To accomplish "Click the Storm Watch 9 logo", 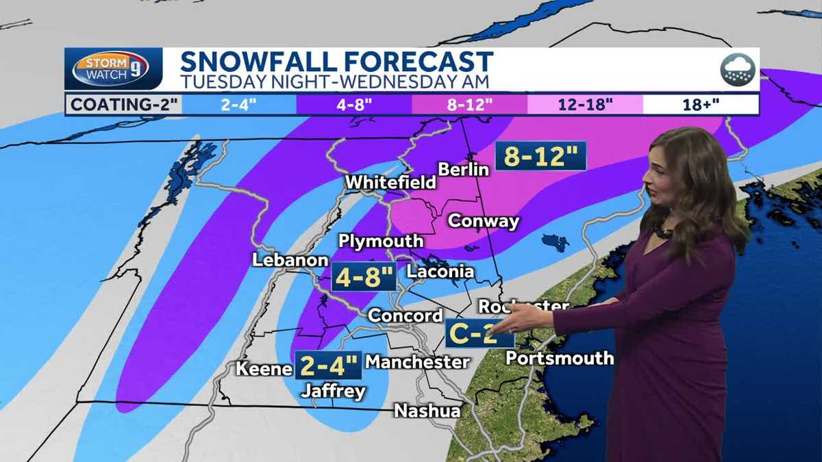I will (x=110, y=69).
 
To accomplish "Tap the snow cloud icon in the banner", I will (x=737, y=70).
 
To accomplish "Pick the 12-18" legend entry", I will (x=585, y=105).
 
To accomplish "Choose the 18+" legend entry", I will (x=700, y=105).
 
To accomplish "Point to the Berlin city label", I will (x=463, y=169).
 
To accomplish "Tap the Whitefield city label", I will (x=390, y=183).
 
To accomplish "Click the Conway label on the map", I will (x=483, y=222).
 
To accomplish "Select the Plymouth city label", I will (x=381, y=242).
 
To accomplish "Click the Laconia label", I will (x=440, y=272).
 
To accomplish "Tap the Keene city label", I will (x=264, y=369).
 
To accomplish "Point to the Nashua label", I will (x=426, y=411).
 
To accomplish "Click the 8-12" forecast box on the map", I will (x=541, y=157).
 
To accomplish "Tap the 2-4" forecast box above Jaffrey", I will (x=328, y=365).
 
